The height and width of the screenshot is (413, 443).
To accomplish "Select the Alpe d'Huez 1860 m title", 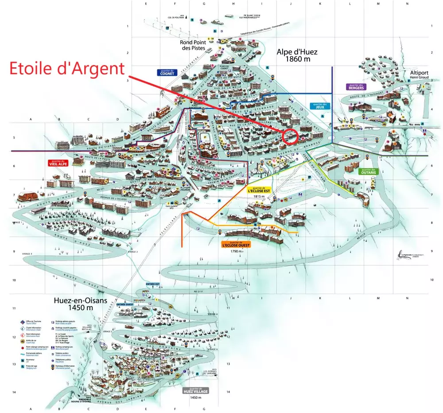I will (297, 55).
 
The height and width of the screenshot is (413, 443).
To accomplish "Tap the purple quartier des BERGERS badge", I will (356, 87).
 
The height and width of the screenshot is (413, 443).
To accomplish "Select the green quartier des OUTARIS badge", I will (368, 171).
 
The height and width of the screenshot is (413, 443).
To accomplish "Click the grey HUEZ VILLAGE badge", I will (195, 391).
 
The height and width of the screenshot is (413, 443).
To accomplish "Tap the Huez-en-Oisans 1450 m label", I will (81, 304).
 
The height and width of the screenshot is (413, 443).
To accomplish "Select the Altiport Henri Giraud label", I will (420, 76).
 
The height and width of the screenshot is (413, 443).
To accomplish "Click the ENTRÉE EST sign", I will (152, 284).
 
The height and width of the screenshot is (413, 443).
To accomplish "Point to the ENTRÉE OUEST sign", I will (125, 304).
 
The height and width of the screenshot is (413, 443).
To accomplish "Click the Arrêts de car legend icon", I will (22, 341).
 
